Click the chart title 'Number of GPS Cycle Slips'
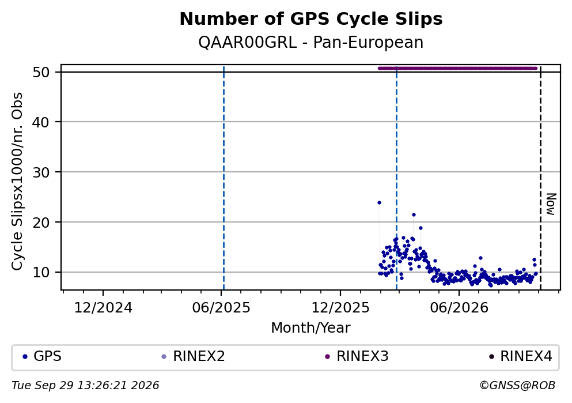311,19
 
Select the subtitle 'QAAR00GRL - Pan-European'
311,42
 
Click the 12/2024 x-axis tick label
103,308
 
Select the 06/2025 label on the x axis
221,308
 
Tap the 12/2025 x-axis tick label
340,308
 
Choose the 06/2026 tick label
459,308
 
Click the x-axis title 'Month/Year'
311,328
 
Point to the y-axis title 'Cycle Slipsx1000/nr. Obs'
17,182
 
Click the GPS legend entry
42,356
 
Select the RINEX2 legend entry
193,356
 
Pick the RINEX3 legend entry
357,356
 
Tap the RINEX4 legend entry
521,356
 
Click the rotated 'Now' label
551,204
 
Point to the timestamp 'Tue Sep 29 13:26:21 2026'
85,386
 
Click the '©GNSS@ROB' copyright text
517,386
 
